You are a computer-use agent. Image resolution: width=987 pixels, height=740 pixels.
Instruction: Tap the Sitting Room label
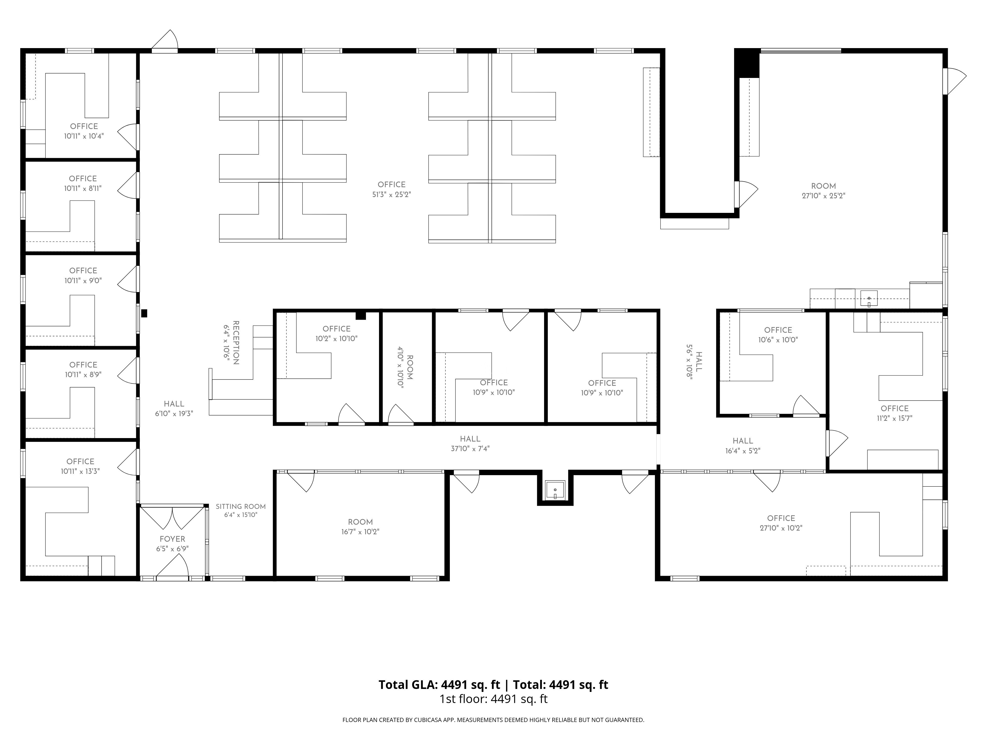pyautogui.click(x=241, y=507)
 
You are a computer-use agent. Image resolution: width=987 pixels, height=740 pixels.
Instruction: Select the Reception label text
pyautogui.click(x=236, y=343)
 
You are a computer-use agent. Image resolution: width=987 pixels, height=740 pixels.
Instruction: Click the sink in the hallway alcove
pyautogui.click(x=555, y=490)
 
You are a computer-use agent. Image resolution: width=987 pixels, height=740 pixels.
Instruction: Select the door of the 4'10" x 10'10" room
pyautogui.click(x=401, y=414)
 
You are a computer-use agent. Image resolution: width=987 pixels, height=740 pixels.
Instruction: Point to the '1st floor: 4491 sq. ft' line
pyautogui.click(x=493, y=699)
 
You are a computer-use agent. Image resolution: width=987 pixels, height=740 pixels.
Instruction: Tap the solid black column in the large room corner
pyautogui.click(x=747, y=63)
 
